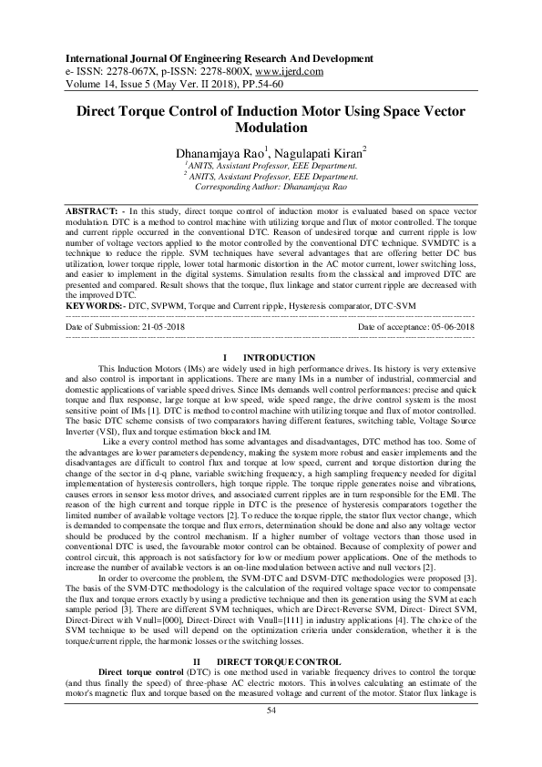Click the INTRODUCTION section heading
(x=281, y=357)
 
